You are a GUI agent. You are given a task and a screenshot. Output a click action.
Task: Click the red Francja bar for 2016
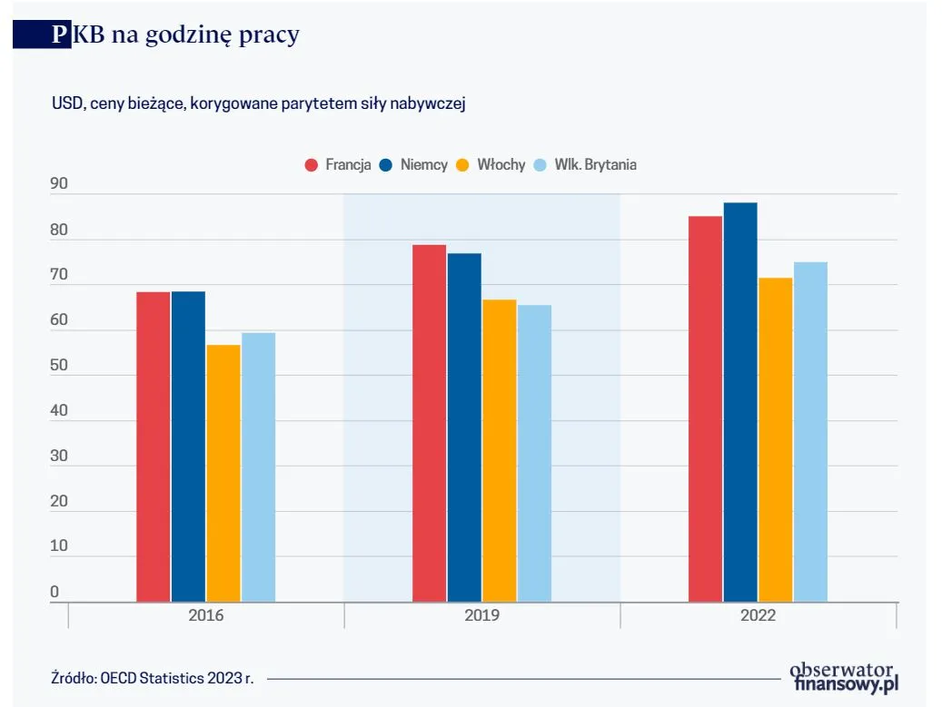pyautogui.click(x=154, y=447)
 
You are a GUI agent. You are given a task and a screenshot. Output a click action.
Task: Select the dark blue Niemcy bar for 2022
pyautogui.click(x=740, y=402)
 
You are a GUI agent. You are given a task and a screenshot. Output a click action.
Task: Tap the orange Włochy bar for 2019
pyautogui.click(x=499, y=450)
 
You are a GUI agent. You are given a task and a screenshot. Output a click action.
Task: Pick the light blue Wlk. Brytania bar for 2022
pyautogui.click(x=810, y=432)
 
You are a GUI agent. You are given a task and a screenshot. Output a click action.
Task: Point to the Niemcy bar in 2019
pyautogui.click(x=464, y=427)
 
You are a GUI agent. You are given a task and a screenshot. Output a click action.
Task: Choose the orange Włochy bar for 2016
pyautogui.click(x=223, y=473)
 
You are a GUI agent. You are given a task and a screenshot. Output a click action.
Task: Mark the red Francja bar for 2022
pyautogui.click(x=705, y=408)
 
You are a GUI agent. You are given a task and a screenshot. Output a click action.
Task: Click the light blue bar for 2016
pyautogui.click(x=258, y=466)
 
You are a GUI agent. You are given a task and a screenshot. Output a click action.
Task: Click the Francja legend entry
pyautogui.click(x=338, y=164)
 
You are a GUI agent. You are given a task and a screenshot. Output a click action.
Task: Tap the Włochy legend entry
pyautogui.click(x=491, y=164)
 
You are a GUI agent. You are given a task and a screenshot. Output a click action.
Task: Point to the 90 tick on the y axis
pyautogui.click(x=59, y=184)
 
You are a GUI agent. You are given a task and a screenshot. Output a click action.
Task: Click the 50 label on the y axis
pyautogui.click(x=59, y=365)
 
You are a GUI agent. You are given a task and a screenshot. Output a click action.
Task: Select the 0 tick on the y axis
pyautogui.click(x=55, y=592)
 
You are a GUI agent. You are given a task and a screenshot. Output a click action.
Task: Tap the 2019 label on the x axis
pyautogui.click(x=481, y=615)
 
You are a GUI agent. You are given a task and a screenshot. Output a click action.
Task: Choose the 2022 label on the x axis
pyautogui.click(x=758, y=615)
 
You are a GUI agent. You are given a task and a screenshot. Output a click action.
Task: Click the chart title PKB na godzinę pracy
pyautogui.click(x=174, y=34)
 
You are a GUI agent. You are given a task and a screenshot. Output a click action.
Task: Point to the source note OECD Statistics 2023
pyautogui.click(x=152, y=678)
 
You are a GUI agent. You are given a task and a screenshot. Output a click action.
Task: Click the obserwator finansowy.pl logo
pyautogui.click(x=845, y=677)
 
